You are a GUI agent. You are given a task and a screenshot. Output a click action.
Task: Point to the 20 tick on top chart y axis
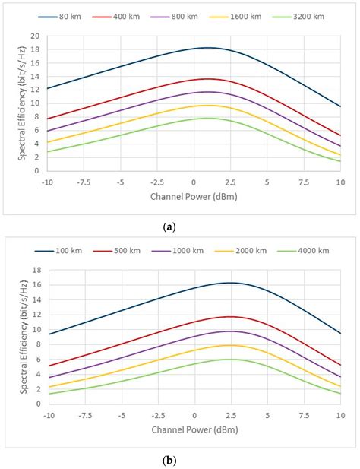coord(35,36)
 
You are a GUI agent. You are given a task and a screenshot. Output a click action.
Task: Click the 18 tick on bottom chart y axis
coord(35,270)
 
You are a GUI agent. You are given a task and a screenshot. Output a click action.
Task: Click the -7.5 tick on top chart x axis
coord(84,182)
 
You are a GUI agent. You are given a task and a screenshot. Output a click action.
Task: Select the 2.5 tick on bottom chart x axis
coord(230,417)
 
